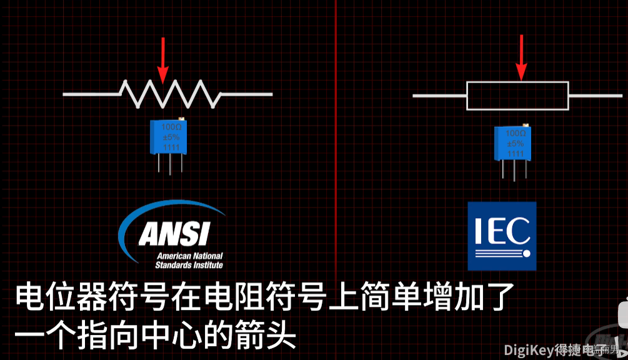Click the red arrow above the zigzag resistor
(x=163, y=59)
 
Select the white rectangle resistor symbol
(x=517, y=96)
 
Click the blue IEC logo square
(x=502, y=236)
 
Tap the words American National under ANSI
(x=189, y=256)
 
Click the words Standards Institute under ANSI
(x=189, y=265)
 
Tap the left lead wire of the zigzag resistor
(x=91, y=94)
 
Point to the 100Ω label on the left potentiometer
(x=171, y=127)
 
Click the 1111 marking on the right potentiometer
(x=516, y=154)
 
